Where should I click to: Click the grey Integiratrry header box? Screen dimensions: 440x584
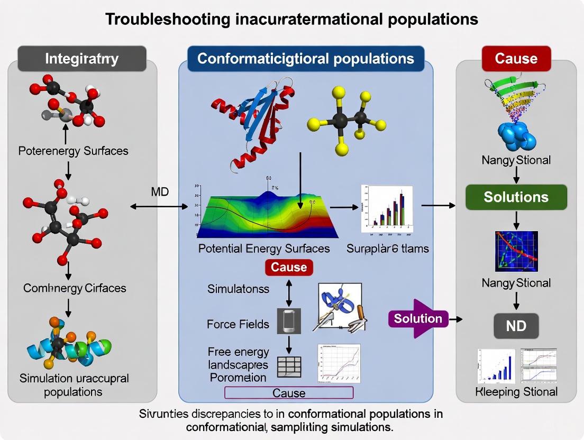pyautogui.click(x=81, y=58)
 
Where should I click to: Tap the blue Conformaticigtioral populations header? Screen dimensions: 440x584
pyautogui.click(x=305, y=58)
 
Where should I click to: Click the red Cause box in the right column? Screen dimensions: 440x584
pyautogui.click(x=516, y=58)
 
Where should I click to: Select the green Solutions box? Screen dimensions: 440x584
pyautogui.click(x=516, y=197)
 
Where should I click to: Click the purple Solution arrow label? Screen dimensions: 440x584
pyautogui.click(x=418, y=318)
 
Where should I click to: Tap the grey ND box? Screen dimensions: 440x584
pyautogui.click(x=516, y=325)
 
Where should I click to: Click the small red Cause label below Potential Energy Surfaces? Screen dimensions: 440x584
pyautogui.click(x=289, y=267)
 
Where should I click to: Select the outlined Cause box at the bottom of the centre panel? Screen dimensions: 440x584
pyautogui.click(x=289, y=392)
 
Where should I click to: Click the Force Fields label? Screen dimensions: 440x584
pyautogui.click(x=238, y=324)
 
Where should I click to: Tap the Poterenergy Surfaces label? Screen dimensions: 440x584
pyautogui.click(x=73, y=151)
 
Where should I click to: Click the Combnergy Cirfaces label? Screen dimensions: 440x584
pyautogui.click(x=75, y=288)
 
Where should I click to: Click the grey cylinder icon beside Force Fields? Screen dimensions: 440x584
pyautogui.click(x=289, y=320)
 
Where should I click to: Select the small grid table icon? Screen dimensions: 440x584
pyautogui.click(x=289, y=365)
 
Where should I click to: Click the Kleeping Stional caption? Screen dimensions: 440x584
pyautogui.click(x=516, y=392)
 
